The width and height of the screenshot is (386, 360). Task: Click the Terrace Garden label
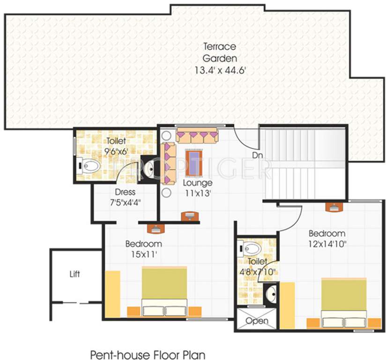(219, 52)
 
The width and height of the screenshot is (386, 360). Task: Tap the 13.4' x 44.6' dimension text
(220, 71)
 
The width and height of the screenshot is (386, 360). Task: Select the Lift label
(74, 273)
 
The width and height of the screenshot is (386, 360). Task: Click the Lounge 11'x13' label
(197, 187)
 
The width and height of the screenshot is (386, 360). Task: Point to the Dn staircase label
(257, 154)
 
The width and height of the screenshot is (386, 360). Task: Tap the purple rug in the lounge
(192, 160)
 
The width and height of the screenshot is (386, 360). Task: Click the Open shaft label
(257, 321)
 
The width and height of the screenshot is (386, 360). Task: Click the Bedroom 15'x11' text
(143, 249)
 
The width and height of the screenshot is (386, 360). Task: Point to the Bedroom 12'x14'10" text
(327, 238)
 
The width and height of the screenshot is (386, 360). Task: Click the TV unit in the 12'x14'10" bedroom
(335, 206)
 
